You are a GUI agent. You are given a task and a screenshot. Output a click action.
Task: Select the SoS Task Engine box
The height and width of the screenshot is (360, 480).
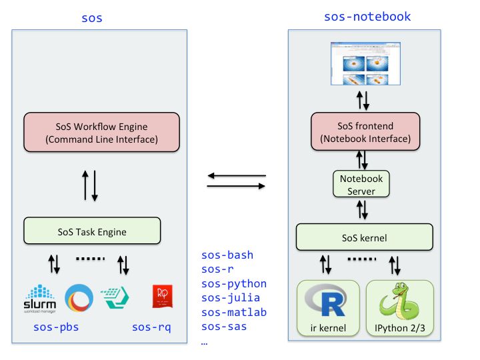click(92, 232)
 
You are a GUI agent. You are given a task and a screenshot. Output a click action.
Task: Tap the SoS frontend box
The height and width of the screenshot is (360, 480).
click(365, 132)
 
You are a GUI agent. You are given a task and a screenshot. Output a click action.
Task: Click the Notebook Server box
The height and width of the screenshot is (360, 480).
click(361, 185)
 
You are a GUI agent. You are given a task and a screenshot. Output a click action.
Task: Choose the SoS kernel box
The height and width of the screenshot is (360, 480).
click(365, 237)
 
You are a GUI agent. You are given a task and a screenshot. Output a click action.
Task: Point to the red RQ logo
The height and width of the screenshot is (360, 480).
click(163, 297)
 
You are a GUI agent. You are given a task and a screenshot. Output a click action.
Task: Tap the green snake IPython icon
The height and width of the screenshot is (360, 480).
click(399, 302)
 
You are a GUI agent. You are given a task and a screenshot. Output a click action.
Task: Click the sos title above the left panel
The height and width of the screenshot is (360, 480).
click(92, 18)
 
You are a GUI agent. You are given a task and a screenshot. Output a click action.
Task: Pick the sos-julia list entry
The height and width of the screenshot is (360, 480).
click(231, 298)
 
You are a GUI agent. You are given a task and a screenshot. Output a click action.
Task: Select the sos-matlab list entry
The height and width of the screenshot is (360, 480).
click(234, 312)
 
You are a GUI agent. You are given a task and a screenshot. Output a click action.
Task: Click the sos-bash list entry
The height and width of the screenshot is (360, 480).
click(227, 255)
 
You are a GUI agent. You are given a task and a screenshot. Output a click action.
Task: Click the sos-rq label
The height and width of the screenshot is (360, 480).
click(151, 327)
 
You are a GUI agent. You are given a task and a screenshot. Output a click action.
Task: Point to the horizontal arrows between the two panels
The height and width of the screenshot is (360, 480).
click(236, 181)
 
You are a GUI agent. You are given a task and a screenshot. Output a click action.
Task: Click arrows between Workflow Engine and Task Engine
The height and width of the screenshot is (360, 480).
click(90, 185)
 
